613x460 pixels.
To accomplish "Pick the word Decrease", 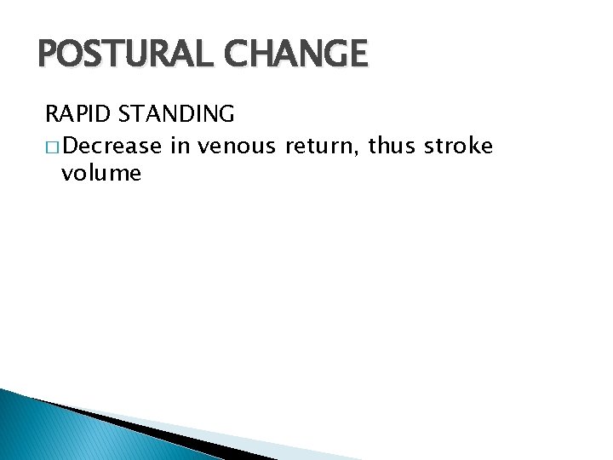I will point(112,147).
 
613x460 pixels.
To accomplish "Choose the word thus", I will point(394,147).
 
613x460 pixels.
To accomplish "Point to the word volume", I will point(101,174).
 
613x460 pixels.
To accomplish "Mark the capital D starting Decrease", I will point(70,147).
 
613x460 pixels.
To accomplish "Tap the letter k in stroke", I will point(473,147).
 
